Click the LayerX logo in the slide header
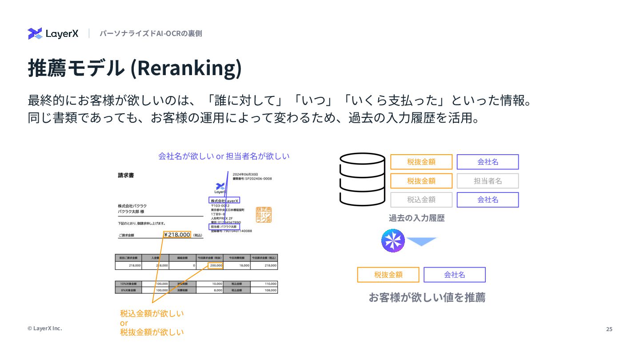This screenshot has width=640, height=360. pyautogui.click(x=53, y=34)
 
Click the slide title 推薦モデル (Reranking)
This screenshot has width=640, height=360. pyautogui.click(x=135, y=68)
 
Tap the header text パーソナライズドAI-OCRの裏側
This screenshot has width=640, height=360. pyautogui.click(x=151, y=33)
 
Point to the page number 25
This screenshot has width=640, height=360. pyautogui.click(x=609, y=329)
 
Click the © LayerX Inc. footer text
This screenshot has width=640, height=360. pyautogui.click(x=44, y=328)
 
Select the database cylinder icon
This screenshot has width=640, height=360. pyautogui.click(x=362, y=179)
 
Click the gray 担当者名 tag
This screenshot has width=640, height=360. pyautogui.click(x=488, y=181)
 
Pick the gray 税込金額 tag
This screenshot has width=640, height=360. pyautogui.click(x=421, y=200)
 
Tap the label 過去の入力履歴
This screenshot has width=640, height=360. pyautogui.click(x=416, y=218)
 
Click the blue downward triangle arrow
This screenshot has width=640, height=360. pyautogui.click(x=422, y=241)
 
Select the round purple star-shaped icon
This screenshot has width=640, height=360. pyautogui.click(x=393, y=241)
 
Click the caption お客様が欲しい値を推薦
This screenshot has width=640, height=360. pyautogui.click(x=427, y=297)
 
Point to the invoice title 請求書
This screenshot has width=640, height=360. pyautogui.click(x=126, y=175)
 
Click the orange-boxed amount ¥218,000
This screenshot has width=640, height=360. pyautogui.click(x=177, y=235)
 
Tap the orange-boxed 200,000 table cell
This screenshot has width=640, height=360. pyautogui.click(x=216, y=265)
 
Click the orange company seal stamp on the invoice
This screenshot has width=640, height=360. pyautogui.click(x=264, y=215)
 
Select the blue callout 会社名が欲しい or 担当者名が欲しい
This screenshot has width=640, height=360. pyautogui.click(x=224, y=156)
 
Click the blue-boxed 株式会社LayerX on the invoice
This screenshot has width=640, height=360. pyautogui.click(x=224, y=200)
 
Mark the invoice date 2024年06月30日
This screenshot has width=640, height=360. pyautogui.click(x=245, y=174)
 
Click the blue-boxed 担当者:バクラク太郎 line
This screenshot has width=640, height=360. pyautogui.click(x=224, y=227)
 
